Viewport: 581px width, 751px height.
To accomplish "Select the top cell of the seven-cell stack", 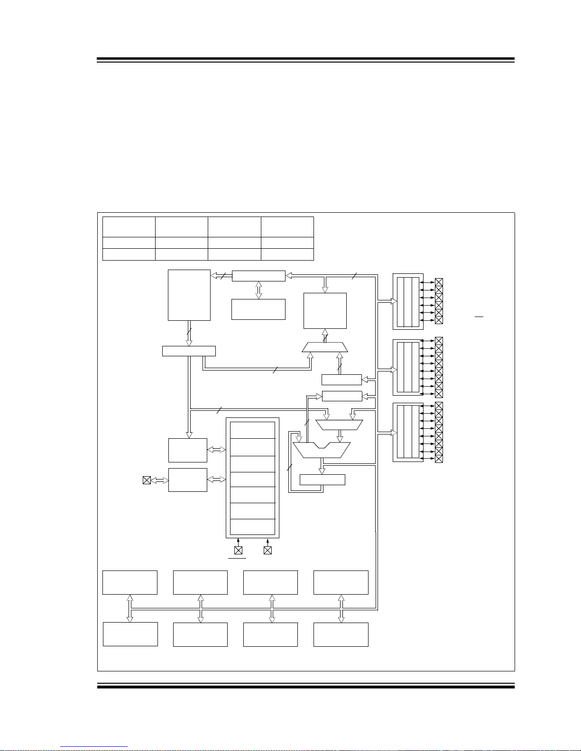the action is pos(252,430).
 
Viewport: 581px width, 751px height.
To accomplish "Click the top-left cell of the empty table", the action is pos(129,227).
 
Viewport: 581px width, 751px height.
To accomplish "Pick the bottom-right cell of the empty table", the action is pos(287,254).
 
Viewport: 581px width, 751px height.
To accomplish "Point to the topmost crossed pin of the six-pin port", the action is pos(439,282).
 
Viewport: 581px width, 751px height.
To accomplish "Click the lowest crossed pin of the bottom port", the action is pos(439,459).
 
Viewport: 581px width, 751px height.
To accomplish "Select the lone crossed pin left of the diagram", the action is pos(147,480).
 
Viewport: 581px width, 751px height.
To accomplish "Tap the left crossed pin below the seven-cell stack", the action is pos(238,550).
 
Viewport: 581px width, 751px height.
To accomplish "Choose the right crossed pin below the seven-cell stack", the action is pos(267,550).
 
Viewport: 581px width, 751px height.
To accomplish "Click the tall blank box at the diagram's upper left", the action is pos(189,295).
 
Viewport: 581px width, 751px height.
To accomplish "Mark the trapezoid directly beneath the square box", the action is pos(325,348).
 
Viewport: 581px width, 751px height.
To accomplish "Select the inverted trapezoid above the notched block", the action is pos(339,425).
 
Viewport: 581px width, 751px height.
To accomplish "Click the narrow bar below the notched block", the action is pos(323,480).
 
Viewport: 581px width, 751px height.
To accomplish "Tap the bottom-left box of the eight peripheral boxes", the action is pos(130,634).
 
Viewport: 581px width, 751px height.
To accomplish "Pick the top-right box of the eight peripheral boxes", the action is pos(341,582).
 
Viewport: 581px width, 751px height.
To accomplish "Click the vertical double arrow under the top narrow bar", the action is pos(258,290).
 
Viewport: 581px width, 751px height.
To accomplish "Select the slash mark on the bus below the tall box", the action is pos(189,332).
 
